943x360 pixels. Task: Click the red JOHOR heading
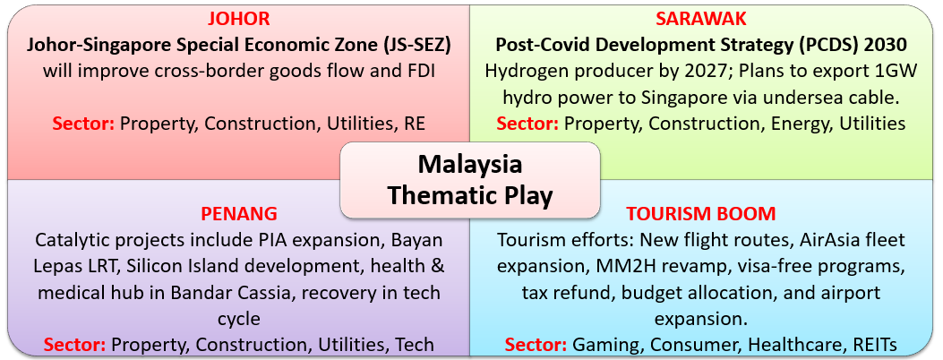[238, 19]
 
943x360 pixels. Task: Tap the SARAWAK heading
[700, 19]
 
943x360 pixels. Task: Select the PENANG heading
[238, 213]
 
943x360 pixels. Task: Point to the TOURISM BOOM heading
[700, 213]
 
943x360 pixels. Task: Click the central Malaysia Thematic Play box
[469, 180]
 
